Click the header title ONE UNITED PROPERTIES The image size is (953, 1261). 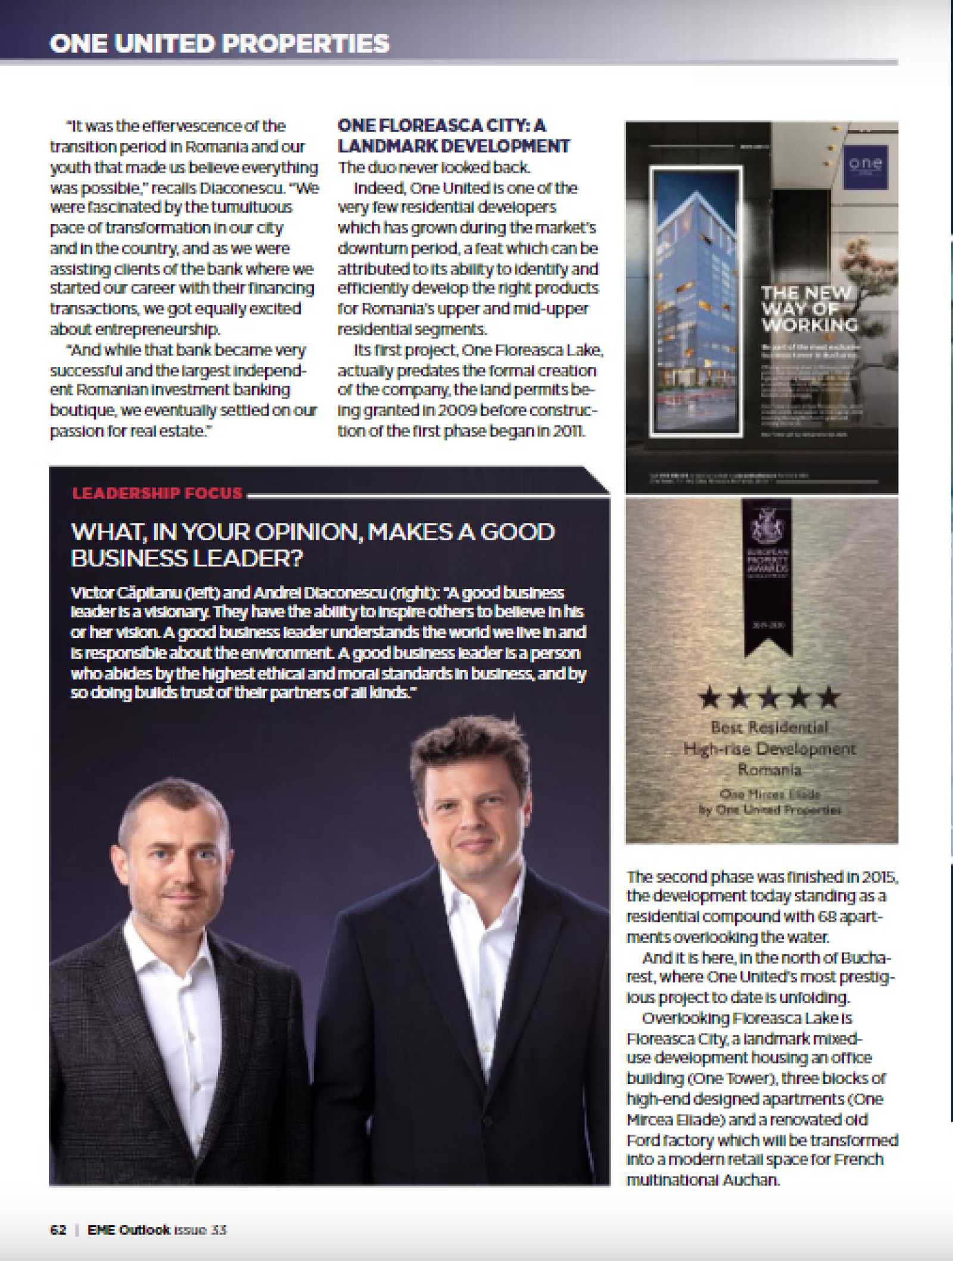pyautogui.click(x=219, y=43)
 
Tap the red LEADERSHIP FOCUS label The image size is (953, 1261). pyautogui.click(x=157, y=493)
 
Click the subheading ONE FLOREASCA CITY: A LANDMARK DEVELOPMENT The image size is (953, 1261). pyautogui.click(x=453, y=136)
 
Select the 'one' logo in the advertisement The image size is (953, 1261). pyautogui.click(x=865, y=164)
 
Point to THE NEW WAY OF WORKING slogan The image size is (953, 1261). pyautogui.click(x=809, y=309)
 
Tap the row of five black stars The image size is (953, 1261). pyautogui.click(x=769, y=697)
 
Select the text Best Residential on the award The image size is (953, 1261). pyautogui.click(x=769, y=727)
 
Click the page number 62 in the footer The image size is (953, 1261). pyautogui.click(x=58, y=1230)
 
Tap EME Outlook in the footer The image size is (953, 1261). pyautogui.click(x=129, y=1230)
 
